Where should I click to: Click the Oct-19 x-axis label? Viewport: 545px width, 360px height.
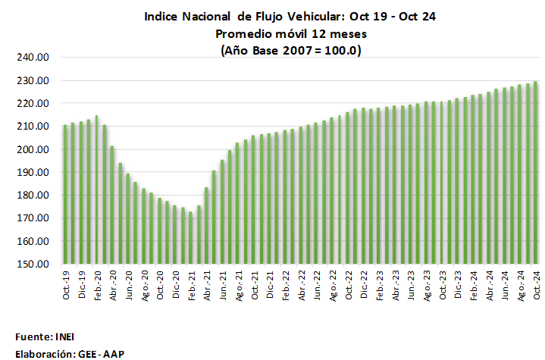pos(66,283)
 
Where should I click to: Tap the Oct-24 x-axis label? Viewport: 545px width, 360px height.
pos(536,283)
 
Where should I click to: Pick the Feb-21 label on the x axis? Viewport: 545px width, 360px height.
pos(191,283)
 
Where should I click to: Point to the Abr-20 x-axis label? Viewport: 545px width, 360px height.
pos(113,283)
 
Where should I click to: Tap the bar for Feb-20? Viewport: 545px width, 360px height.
pos(97,190)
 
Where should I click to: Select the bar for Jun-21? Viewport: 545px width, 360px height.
pos(222,212)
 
